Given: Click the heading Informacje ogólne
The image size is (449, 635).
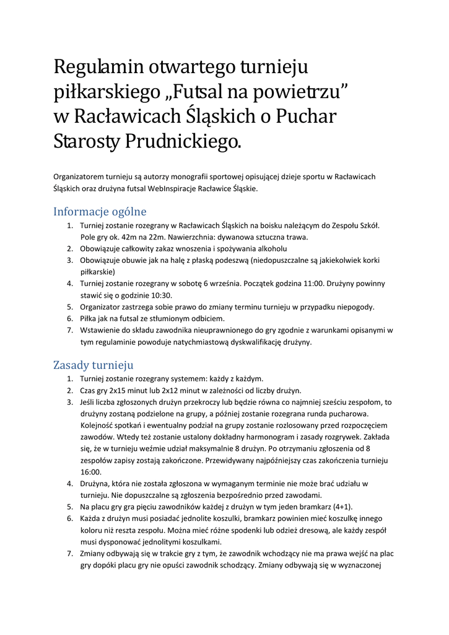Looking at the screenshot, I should pyautogui.click(x=100, y=211).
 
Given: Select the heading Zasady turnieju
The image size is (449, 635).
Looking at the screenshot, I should pyautogui.click(x=93, y=365).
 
